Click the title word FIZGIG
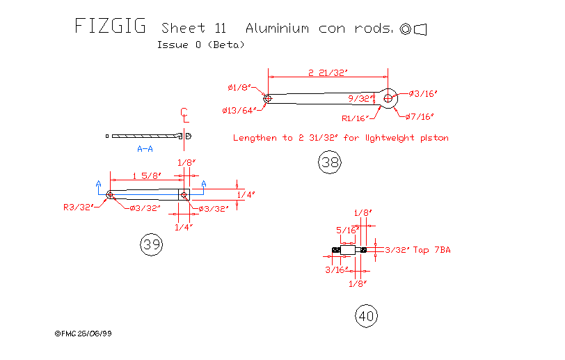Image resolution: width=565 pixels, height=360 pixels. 110,26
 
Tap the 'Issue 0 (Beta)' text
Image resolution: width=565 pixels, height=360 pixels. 200,45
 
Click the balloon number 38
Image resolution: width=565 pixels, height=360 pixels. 329,163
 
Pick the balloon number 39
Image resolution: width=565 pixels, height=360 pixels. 151,244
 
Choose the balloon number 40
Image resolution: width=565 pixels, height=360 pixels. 366,316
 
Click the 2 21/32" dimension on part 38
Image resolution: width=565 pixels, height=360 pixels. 327,72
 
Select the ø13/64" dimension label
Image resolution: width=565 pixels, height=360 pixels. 239,110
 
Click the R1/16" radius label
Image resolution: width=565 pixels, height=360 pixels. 355,118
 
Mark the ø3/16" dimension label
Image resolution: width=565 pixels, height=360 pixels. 422,93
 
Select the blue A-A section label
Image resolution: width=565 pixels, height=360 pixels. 145,149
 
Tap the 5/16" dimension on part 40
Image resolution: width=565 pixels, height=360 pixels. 346,229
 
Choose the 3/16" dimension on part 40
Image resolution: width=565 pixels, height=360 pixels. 336,269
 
